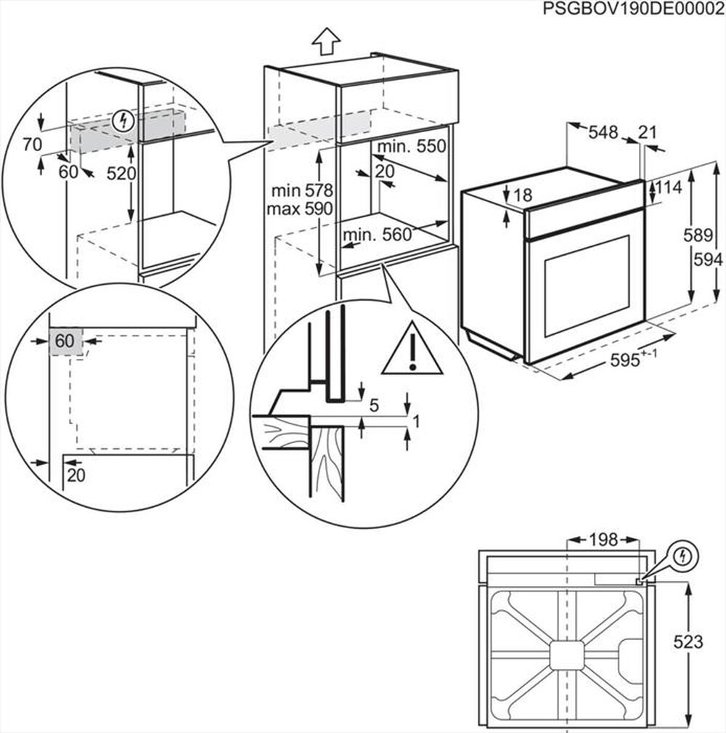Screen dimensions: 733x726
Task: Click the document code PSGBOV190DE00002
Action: [633, 9]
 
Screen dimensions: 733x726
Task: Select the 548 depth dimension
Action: [603, 132]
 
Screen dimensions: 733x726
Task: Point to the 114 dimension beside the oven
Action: [669, 187]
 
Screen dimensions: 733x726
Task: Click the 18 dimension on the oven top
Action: [522, 195]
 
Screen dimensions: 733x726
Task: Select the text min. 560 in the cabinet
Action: [377, 234]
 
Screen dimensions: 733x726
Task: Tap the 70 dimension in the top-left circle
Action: [32, 145]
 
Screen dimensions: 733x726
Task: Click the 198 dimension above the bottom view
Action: [602, 540]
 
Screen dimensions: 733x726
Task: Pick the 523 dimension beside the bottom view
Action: [688, 641]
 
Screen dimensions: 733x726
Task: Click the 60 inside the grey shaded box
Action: [65, 341]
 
